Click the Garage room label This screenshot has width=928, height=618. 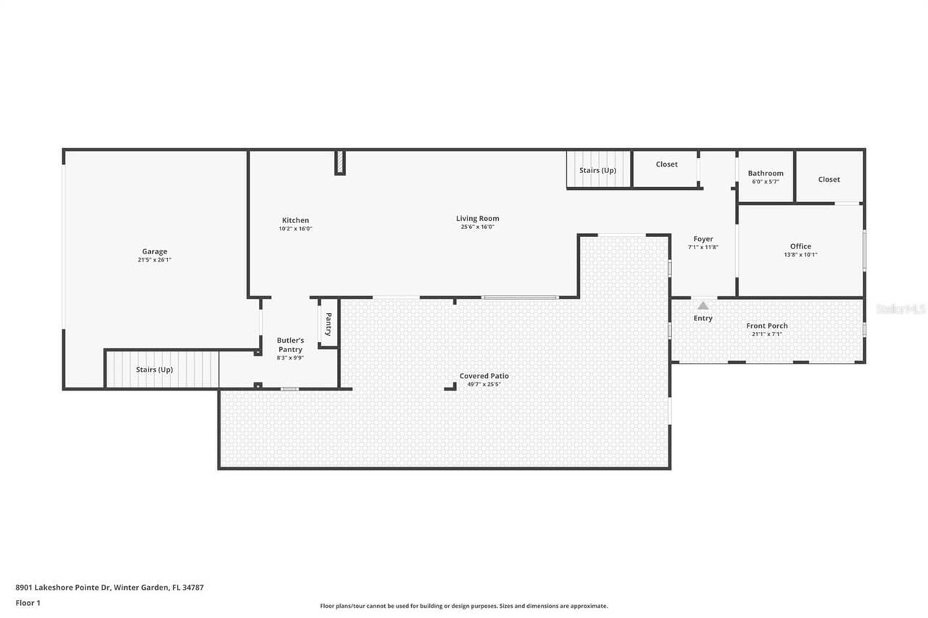click(154, 251)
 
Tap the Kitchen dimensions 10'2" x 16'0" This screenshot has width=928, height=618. click(295, 228)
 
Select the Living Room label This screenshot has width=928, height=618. click(477, 218)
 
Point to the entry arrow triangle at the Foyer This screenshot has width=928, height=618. click(703, 306)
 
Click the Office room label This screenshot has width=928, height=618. click(800, 246)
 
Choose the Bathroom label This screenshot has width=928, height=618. click(766, 173)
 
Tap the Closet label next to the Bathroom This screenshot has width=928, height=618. click(829, 179)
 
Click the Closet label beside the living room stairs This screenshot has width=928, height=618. click(666, 164)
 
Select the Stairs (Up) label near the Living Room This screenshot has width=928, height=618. click(597, 170)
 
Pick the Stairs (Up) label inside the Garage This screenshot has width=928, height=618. click(154, 369)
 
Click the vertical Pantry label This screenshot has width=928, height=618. click(328, 324)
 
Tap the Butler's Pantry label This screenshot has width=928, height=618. click(290, 345)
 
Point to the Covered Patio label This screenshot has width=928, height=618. click(484, 376)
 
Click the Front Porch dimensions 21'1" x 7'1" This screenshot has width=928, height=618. click(767, 334)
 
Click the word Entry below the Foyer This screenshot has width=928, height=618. click(703, 318)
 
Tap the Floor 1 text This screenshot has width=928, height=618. click(28, 602)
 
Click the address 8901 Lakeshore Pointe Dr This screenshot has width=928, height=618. click(109, 588)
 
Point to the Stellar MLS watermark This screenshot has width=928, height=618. click(900, 309)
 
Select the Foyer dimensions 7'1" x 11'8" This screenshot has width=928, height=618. click(703, 247)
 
